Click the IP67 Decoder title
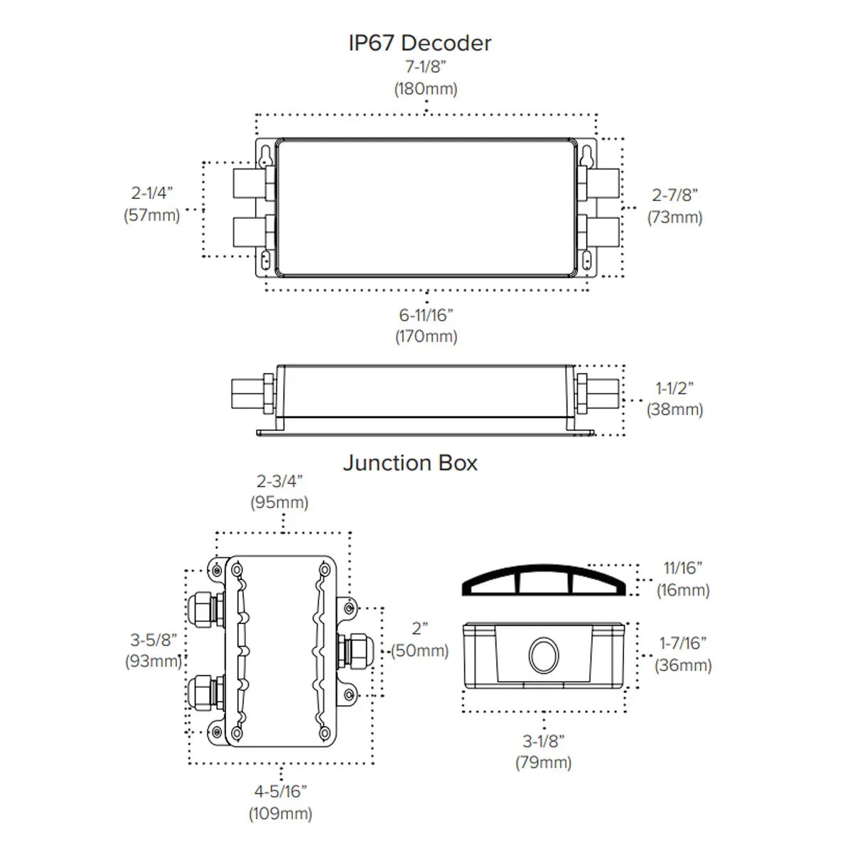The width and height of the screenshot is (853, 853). click(419, 43)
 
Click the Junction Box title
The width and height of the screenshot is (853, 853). click(410, 463)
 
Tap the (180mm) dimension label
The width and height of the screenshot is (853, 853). click(426, 89)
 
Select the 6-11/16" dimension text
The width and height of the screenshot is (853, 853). click(426, 314)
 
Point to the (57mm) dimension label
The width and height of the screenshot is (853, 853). click(151, 215)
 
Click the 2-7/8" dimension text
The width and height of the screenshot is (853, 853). click(675, 195)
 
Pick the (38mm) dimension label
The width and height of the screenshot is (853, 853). click(675, 409)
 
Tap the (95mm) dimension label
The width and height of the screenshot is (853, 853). click(279, 503)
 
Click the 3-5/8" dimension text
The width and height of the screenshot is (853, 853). click(153, 640)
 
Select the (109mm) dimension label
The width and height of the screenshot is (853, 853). click(280, 813)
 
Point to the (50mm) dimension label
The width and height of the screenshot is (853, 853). click(420, 650)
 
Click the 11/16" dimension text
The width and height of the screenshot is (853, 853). click(682, 568)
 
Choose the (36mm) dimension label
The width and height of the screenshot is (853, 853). click(682, 665)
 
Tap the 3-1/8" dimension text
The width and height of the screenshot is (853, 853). click(543, 741)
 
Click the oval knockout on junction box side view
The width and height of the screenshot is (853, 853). click(544, 655)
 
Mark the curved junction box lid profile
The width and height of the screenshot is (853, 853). click(543, 579)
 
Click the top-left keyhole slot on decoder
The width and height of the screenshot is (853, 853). click(264, 154)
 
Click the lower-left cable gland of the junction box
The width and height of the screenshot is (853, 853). click(205, 694)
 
